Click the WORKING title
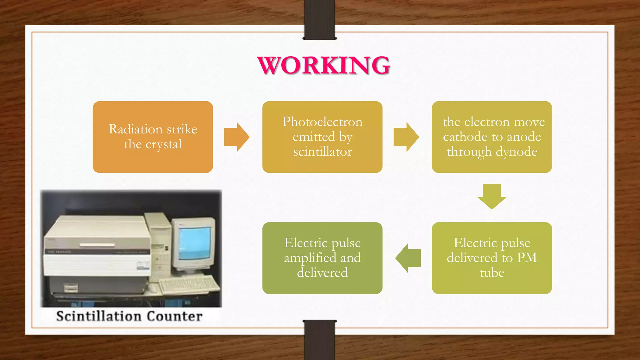pos(324,65)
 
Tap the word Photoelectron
pos(322,122)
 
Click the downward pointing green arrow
pos(492,196)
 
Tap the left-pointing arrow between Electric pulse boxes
pos(408,258)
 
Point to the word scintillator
pos(322,152)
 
